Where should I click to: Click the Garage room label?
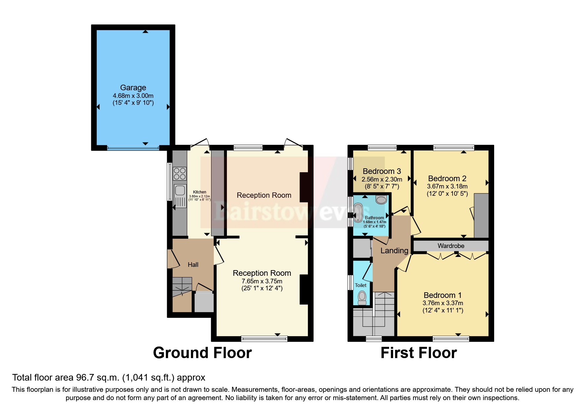pos(133,88)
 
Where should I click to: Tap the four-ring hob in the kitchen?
pos(179,174)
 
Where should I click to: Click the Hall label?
pos(193,265)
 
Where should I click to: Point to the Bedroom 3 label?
pos(382,171)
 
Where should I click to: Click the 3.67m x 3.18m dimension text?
pos(447,186)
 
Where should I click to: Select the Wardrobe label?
pos(451,246)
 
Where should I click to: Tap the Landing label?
pos(394,251)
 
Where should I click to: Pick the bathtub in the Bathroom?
pos(358,213)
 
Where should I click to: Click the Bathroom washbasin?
pos(381,199)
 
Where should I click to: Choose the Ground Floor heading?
pos(202,353)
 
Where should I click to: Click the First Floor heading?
pos(419,353)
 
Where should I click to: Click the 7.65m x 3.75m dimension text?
pos(262,281)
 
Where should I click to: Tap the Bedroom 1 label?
pos(442,295)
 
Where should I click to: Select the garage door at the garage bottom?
pos(133,148)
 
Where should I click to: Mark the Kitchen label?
pos(200,192)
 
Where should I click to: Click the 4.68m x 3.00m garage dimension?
pos(133,96)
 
